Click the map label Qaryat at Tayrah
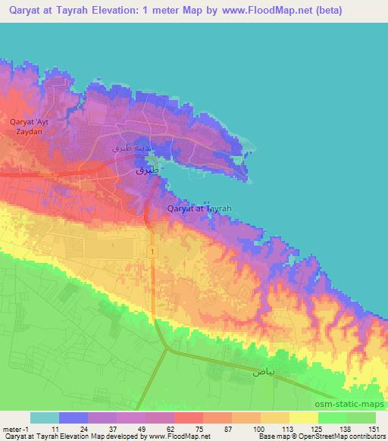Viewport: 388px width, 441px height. [x=199, y=208]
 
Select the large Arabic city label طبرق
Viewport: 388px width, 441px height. [x=147, y=172]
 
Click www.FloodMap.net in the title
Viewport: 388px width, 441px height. [x=258, y=11]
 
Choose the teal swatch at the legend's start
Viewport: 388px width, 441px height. [x=45, y=418]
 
